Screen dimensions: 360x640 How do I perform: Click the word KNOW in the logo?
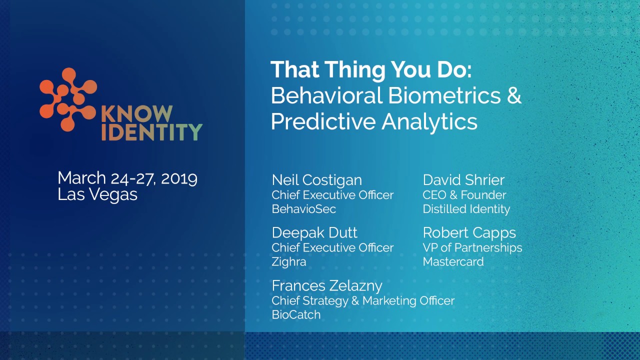[x=136, y=114]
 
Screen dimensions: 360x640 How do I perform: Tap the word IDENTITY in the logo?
[x=152, y=132]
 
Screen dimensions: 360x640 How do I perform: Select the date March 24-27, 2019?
[x=127, y=178]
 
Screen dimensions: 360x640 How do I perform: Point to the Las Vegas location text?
[x=97, y=194]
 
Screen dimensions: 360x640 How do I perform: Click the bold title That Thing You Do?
[x=370, y=69]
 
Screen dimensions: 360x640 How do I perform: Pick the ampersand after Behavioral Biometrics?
[x=514, y=95]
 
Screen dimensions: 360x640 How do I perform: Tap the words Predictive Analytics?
[x=374, y=121]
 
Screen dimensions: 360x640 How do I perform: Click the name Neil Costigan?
[x=316, y=180]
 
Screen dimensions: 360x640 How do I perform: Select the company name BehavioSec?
[x=303, y=209]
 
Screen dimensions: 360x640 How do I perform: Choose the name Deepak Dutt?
[x=314, y=232]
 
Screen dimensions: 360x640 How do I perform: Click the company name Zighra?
[x=288, y=261]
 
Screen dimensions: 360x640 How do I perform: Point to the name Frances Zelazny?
[x=327, y=285]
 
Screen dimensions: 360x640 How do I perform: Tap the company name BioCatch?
[x=296, y=314]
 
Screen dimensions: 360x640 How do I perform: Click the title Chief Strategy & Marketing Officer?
[x=363, y=300]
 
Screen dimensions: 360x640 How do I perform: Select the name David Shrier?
[x=463, y=180]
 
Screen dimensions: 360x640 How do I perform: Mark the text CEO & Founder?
[x=464, y=195]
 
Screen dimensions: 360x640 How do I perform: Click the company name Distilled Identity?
[x=466, y=209]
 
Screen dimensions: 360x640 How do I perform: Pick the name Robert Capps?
[x=469, y=232]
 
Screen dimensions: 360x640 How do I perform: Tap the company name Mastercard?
[x=453, y=261]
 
